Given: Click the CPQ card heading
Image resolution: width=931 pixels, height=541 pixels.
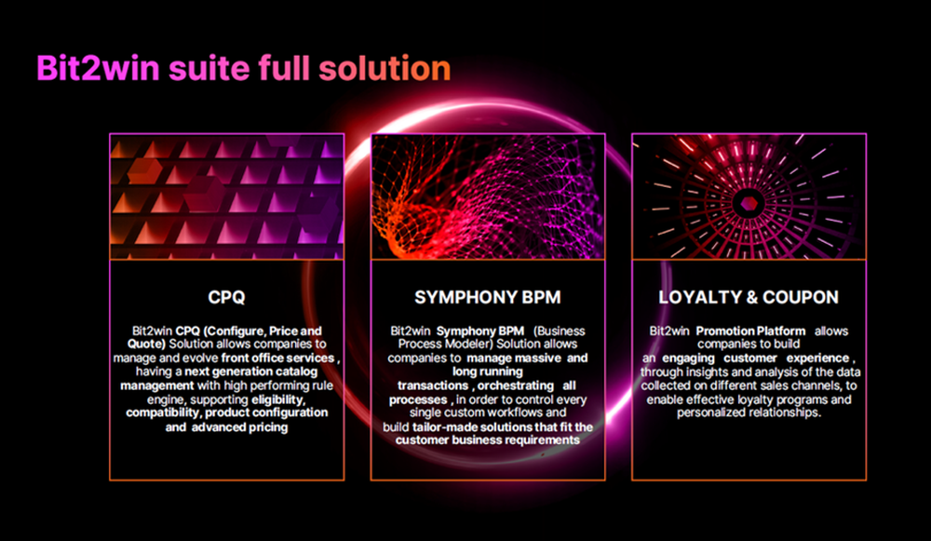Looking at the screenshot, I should [226, 298].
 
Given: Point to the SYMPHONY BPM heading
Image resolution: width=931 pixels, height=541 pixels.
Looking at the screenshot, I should [488, 298].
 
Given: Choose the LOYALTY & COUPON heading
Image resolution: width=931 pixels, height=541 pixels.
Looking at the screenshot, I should [749, 298].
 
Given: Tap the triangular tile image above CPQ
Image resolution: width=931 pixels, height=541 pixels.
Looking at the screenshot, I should [226, 196].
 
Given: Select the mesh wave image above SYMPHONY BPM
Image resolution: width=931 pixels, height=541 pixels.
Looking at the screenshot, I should [488, 196].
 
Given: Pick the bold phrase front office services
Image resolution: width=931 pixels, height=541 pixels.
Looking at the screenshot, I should [277, 358].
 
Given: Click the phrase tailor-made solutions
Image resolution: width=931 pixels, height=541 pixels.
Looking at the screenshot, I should [452, 426].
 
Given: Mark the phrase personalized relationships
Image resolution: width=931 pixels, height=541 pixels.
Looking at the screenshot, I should [749, 413].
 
